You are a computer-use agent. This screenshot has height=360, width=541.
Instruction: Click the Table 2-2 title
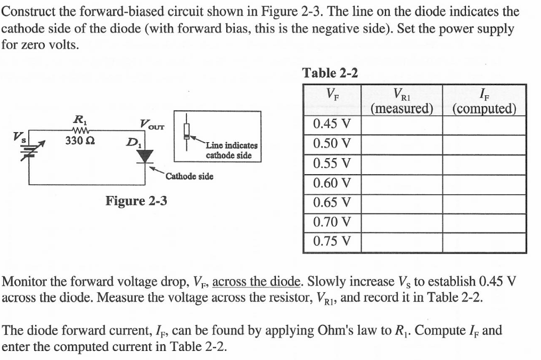point(330,73)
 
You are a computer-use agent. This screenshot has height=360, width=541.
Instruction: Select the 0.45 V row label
point(332,125)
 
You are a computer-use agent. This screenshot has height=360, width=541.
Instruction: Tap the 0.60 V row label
point(332,184)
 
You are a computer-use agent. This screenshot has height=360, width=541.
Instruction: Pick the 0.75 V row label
point(332,241)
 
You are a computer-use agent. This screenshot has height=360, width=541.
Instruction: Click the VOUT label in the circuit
point(151,125)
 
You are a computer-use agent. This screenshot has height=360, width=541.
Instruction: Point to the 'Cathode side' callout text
point(190,176)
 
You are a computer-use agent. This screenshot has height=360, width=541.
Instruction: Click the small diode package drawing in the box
point(186,131)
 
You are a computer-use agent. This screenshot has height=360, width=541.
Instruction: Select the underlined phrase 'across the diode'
point(258,281)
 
